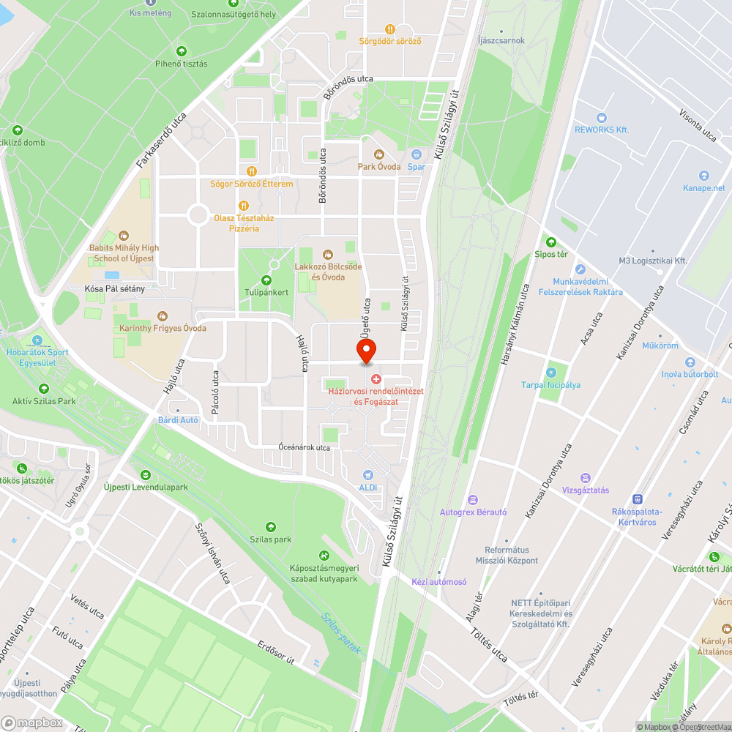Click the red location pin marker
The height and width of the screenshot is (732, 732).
point(366,351)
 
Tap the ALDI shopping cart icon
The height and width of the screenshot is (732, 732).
point(367,474)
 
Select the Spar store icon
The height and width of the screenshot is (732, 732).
point(417,154)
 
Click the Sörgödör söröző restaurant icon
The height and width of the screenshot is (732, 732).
point(390,29)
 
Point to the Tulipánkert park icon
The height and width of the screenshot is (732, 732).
point(266,280)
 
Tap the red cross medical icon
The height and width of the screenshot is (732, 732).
point(376,378)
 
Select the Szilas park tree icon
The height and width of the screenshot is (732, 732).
point(271,527)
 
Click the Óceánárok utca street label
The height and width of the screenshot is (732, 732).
point(305,447)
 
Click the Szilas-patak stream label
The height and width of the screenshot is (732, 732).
point(341,633)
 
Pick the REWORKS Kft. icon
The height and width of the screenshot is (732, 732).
point(602,117)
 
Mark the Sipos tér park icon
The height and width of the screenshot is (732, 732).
point(550,242)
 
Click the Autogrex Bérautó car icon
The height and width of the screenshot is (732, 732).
point(473,499)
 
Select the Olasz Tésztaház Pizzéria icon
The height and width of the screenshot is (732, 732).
point(244,206)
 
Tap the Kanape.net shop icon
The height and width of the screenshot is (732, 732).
point(704,176)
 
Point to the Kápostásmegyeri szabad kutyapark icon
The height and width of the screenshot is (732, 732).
point(324,556)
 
